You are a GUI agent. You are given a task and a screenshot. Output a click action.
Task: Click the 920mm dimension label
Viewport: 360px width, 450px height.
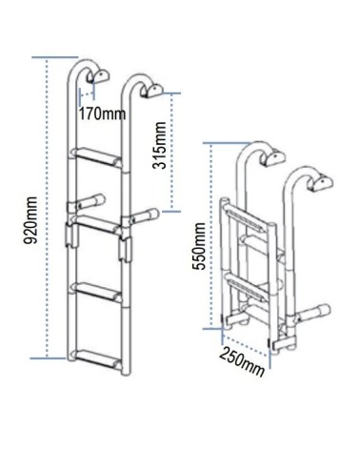pos(31,220)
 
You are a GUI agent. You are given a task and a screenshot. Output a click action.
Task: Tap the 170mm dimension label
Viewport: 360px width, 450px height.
pos(102,113)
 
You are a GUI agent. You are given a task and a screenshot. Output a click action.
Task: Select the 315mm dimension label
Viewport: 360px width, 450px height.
pos(159,145)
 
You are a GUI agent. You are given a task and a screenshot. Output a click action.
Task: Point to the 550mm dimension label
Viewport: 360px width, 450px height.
pos(199,246)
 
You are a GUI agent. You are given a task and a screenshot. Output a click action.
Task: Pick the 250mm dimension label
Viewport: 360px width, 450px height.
pos(241,361)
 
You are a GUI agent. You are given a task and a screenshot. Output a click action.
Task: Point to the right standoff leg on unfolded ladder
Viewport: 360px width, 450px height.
pos(140,216)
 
